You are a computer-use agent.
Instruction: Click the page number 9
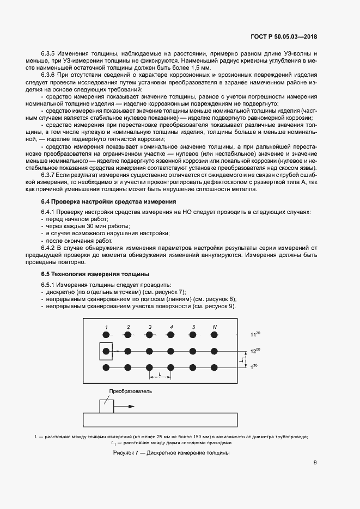coord(315,463)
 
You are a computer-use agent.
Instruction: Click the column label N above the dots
coord(215,327)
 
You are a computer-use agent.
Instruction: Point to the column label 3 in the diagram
coord(149,327)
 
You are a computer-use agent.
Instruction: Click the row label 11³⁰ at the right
coord(254,335)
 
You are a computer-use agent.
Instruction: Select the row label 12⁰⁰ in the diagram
coord(254,352)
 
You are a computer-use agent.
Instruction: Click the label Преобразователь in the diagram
coord(130,391)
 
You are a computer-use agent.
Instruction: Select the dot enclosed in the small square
coord(106,351)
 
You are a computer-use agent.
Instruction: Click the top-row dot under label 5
coord(193,334)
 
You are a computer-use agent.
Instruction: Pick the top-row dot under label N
coord(215,334)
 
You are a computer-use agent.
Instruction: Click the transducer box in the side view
coord(106,406)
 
